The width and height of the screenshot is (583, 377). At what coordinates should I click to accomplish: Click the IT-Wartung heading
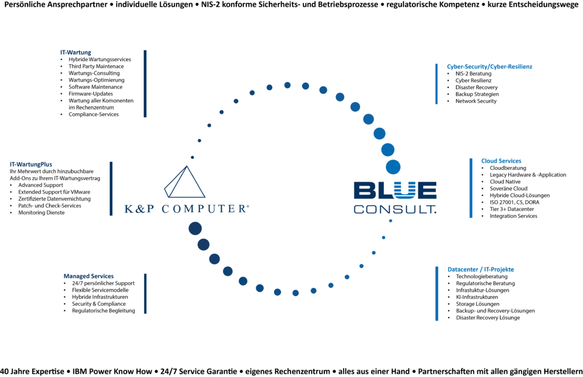(75, 53)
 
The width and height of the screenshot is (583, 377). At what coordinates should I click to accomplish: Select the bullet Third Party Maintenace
(96, 66)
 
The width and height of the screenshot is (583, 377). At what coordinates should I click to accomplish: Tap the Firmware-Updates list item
(91, 94)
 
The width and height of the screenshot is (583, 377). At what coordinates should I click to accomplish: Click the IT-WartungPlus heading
(31, 164)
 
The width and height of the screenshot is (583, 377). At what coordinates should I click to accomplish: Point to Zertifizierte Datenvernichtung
(54, 199)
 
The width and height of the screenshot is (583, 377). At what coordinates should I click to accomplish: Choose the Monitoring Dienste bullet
(41, 213)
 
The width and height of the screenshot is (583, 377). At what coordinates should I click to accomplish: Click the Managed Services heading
(88, 276)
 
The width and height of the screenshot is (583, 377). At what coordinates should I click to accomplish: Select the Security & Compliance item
(99, 304)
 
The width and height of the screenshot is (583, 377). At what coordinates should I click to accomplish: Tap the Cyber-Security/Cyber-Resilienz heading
(489, 67)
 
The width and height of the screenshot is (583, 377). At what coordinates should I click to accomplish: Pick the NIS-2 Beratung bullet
(473, 74)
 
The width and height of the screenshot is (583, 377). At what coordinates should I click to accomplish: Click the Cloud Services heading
(501, 161)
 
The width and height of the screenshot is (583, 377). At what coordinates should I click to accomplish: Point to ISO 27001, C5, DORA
(514, 202)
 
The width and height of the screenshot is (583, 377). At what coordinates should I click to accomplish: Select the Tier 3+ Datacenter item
(512, 209)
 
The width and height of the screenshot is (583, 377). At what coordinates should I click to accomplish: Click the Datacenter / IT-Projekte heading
(481, 269)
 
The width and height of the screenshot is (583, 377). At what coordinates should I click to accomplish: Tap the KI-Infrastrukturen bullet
(477, 297)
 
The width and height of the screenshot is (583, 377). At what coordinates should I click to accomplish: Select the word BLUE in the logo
(395, 190)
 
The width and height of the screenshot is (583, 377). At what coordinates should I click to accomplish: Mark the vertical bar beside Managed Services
(145, 294)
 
